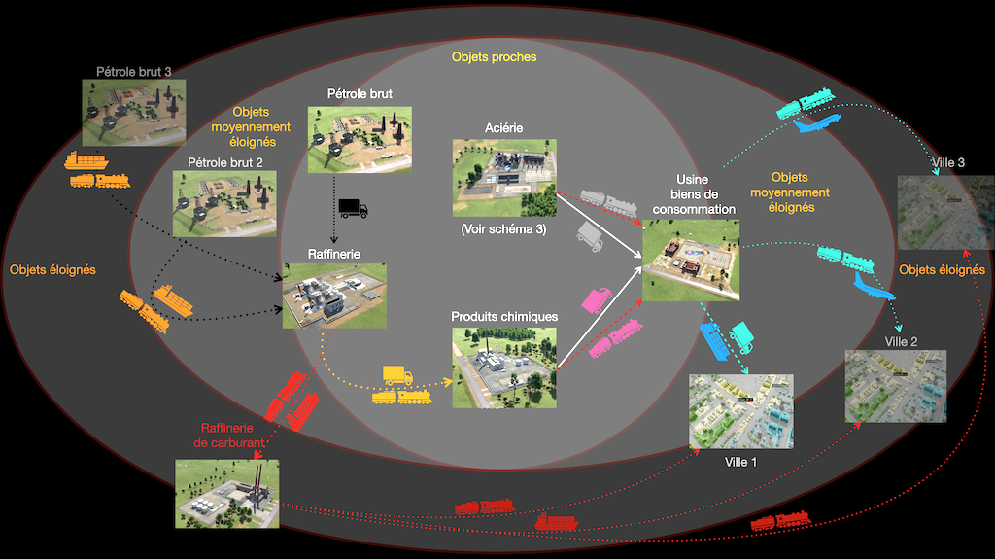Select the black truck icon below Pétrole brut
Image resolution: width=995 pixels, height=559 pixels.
tap(353, 207)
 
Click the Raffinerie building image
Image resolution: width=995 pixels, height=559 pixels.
tap(334, 295)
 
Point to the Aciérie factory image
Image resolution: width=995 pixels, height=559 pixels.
tap(503, 176)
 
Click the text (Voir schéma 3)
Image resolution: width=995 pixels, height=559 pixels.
tap(503, 229)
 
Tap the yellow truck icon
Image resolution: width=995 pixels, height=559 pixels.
tap(397, 375)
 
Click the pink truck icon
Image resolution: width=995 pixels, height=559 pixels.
tap(596, 298)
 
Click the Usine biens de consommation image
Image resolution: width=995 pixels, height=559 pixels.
tap(691, 260)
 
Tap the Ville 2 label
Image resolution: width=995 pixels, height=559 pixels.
tap(901, 342)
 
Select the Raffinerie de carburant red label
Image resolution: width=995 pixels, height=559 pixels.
tap(232, 435)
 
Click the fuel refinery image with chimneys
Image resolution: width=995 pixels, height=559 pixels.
tap(226, 493)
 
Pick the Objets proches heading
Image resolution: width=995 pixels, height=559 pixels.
tap(494, 57)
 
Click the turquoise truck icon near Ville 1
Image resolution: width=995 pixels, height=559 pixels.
tap(741, 335)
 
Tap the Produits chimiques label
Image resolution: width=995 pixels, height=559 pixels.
tap(504, 317)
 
